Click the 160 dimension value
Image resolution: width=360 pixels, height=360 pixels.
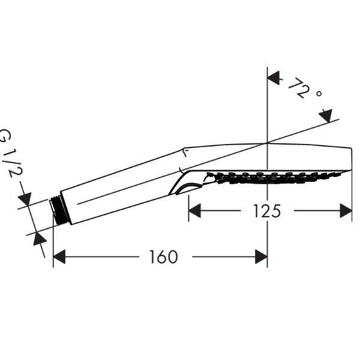coord(164,257)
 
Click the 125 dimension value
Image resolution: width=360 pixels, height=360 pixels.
coord(267,211)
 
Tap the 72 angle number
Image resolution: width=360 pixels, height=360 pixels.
coord(298,88)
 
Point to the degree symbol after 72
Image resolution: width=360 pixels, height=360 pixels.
coord(319,94)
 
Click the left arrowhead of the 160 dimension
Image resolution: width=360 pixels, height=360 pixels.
coord(59,257)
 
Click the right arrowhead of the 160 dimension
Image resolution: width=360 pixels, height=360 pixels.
coord(261,257)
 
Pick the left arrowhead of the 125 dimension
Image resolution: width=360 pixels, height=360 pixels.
coord(194,211)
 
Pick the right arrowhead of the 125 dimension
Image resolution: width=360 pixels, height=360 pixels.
coord(346,211)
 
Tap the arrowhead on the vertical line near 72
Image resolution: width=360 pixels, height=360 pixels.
coord(275,78)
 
